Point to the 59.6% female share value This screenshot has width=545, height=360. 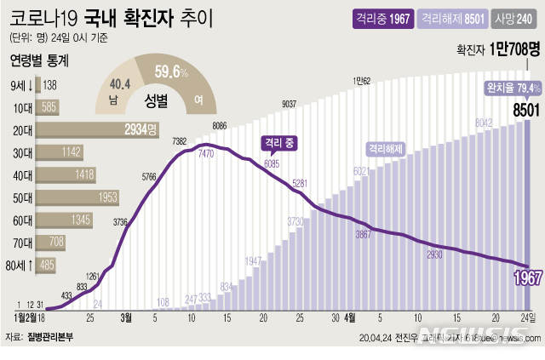click(x=171, y=73)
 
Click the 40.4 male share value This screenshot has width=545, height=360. click(x=121, y=83)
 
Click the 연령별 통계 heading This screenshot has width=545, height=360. click(x=39, y=60)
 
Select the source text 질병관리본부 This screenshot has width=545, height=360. click(x=51, y=338)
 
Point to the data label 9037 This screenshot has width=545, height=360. click(x=290, y=105)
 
